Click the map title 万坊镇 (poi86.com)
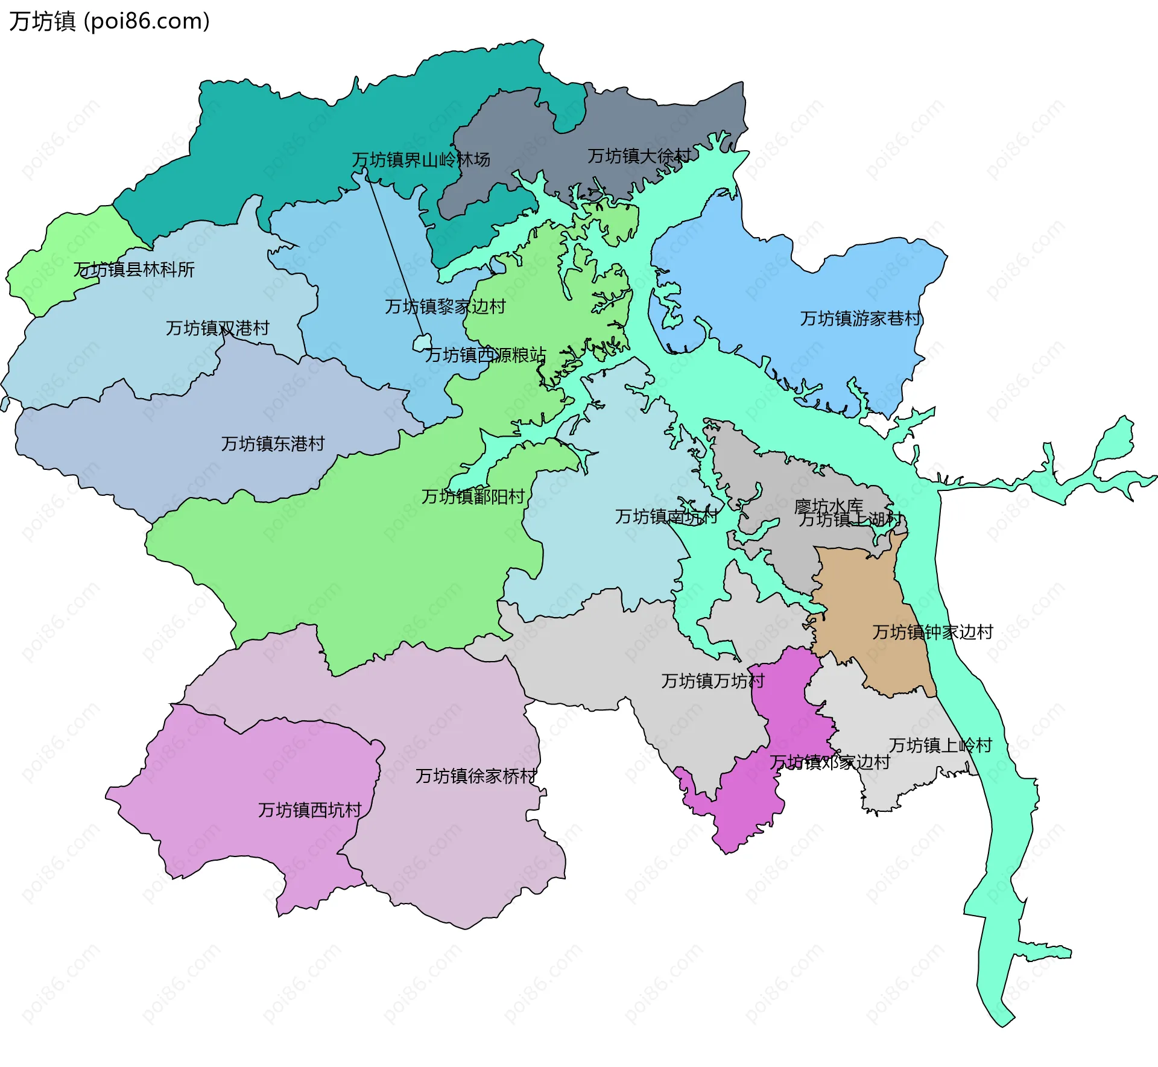coord(109,21)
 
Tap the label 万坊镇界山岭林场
coord(421,160)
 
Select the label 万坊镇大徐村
coord(639,156)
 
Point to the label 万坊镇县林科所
coord(134,270)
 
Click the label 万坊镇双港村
coord(217,328)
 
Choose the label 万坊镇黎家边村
coord(445,306)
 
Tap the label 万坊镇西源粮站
coord(486,355)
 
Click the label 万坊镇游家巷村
coord(861,318)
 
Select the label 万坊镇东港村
coord(273,444)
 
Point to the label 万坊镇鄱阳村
coord(473,496)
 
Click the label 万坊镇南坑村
coord(666,516)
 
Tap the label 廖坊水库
coord(828,505)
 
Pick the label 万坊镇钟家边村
coord(932,632)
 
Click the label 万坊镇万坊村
coord(713,681)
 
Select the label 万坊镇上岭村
coord(940,746)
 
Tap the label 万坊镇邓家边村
coord(830,762)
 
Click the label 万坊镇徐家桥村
coord(476,776)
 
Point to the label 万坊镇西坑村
coord(309,810)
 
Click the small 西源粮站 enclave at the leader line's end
coord(422,343)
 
